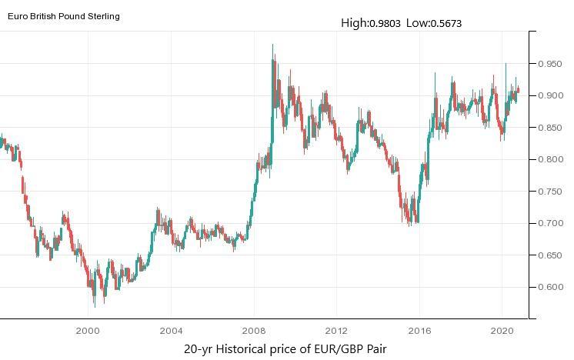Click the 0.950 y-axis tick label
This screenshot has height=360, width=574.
(x=552, y=65)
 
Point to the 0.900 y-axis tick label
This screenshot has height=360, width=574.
(x=552, y=96)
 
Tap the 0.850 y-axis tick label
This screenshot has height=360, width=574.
(x=552, y=128)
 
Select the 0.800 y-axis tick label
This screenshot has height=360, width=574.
(x=552, y=160)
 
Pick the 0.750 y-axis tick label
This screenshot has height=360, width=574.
(x=552, y=192)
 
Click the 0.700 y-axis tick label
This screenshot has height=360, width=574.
(x=552, y=224)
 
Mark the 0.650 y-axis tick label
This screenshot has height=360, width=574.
(x=552, y=255)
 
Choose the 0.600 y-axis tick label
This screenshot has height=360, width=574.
(x=552, y=288)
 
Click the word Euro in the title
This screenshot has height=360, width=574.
(x=18, y=16)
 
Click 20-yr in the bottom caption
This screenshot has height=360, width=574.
(x=198, y=349)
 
